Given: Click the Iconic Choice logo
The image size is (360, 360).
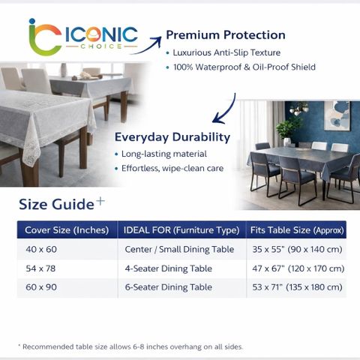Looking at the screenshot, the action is pyautogui.click(x=82, y=37).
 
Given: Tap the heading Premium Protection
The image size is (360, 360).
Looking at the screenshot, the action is pyautogui.click(x=226, y=34).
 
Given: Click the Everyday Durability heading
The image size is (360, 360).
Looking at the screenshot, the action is pyautogui.click(x=172, y=137).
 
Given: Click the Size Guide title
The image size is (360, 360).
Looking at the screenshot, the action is pyautogui.click(x=61, y=204).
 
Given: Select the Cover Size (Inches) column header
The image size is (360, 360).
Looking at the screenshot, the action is pyautogui.click(x=67, y=230).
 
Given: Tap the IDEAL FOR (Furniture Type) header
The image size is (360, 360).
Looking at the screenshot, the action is pyautogui.click(x=181, y=230).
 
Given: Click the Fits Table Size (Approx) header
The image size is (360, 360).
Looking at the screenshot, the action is pyautogui.click(x=297, y=230).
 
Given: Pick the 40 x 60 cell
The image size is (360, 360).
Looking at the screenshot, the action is pyautogui.click(x=41, y=249).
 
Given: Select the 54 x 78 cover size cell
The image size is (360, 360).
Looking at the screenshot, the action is pyautogui.click(x=40, y=268).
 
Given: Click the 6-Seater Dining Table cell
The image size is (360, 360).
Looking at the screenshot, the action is pyautogui.click(x=169, y=287).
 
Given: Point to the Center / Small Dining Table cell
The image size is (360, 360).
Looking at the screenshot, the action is pyautogui.click(x=179, y=249).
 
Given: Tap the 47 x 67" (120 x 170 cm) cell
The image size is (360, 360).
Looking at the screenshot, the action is pyautogui.click(x=298, y=268).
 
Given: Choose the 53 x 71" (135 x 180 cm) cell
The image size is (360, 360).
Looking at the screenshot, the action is pyautogui.click(x=297, y=287).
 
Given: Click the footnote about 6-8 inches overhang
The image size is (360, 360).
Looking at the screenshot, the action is pyautogui.click(x=130, y=346).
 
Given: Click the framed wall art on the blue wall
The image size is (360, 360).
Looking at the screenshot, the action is pyautogui.click(x=337, y=115).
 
